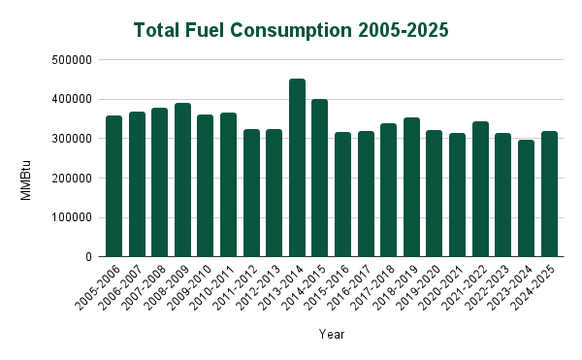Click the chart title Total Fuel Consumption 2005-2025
point(291,30)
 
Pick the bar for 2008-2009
point(182,180)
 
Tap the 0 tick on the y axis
point(88,257)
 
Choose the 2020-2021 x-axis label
point(443,284)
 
